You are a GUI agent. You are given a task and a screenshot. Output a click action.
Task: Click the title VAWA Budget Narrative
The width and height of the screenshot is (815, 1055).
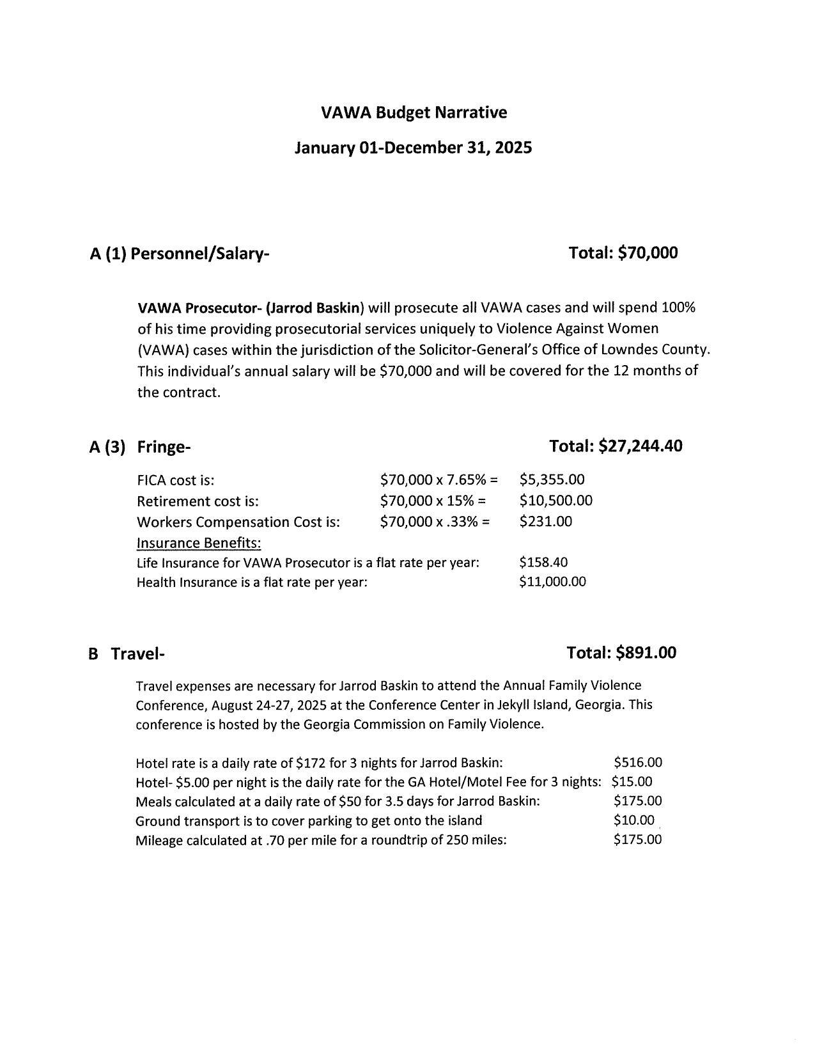pos(414,113)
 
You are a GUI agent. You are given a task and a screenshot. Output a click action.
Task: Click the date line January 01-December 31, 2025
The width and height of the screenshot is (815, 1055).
pos(413,148)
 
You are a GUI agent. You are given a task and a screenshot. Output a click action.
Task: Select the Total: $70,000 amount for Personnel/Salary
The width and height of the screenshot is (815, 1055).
pos(623,253)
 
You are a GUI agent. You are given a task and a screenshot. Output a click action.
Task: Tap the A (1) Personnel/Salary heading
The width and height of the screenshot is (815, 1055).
pos(180,254)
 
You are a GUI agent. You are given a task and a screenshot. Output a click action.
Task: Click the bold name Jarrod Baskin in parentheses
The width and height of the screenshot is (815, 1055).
pos(316,308)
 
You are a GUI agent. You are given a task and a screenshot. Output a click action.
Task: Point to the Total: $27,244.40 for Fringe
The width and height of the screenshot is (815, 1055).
pos(616,446)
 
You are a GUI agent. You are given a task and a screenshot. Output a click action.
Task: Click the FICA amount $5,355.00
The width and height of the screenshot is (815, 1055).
pos(552,480)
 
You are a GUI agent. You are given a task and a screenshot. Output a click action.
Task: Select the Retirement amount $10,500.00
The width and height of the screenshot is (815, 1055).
pos(555,500)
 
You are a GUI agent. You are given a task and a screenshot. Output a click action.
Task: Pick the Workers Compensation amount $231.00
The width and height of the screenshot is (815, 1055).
pos(545,521)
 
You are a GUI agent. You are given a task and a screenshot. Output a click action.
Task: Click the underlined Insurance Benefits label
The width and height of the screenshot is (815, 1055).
pos(199,543)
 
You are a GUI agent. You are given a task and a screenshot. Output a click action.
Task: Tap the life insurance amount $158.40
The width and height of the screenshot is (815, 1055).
pos(543,562)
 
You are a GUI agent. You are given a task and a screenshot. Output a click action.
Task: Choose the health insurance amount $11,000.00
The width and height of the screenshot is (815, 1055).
pos(552,581)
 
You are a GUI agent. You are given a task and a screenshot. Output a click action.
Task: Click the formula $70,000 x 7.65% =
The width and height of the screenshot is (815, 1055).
pos(439,480)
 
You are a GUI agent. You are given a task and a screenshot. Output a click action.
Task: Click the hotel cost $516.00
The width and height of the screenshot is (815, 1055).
pos(637,762)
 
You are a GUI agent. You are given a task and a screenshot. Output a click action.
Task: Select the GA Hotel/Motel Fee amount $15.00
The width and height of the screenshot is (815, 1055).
pos(632,781)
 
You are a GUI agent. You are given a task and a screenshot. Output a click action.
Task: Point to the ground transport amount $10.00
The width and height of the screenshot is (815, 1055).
pos(633,820)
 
